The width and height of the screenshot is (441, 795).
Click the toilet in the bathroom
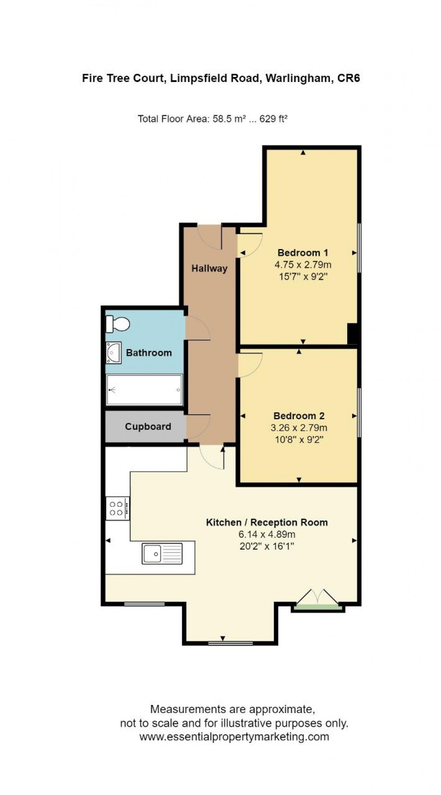tap(118, 324)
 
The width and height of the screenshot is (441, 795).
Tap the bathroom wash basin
tap(114, 352)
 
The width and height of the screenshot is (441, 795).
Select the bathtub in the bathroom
tap(144, 390)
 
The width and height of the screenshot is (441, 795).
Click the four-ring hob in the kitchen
tap(117, 508)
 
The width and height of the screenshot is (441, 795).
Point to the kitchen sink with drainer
tap(162, 553)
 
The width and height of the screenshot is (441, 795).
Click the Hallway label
tap(209, 268)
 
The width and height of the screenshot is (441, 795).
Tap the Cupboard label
tap(148, 426)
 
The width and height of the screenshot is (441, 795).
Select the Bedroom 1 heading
tap(303, 253)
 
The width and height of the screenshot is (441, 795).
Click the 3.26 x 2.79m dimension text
tap(299, 428)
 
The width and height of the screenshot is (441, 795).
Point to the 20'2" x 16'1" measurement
tap(267, 547)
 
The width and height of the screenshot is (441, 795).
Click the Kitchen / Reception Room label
tap(267, 522)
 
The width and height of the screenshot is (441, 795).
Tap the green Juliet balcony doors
tap(318, 601)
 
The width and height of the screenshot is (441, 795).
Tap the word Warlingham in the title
tap(298, 78)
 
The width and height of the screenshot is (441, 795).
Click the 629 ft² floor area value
tap(273, 119)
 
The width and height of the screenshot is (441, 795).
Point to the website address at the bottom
tap(234, 737)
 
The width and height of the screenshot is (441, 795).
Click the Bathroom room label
tap(149, 352)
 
